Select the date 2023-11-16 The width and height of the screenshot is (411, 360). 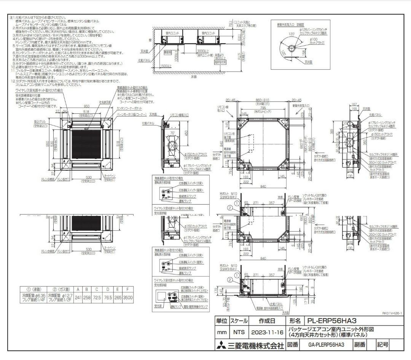(x=268, y=332)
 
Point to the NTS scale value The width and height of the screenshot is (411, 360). (x=238, y=332)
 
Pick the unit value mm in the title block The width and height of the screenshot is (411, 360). (x=221, y=332)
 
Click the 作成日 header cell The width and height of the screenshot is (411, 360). (x=268, y=321)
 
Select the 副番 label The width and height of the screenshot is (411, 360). (x=360, y=345)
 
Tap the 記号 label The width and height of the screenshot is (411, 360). (x=382, y=345)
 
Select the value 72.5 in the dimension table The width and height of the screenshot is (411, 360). (x=97, y=297)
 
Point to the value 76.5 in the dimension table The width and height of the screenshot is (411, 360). (x=108, y=297)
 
